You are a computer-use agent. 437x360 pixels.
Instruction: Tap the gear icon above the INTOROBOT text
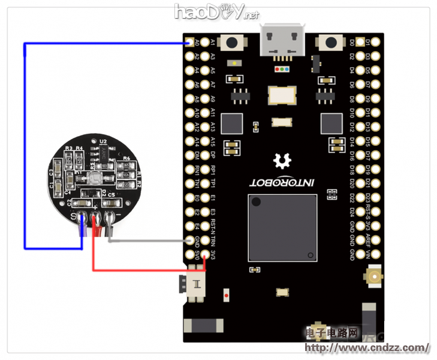coord(280,161)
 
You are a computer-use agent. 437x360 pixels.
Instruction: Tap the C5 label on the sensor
coord(111,194)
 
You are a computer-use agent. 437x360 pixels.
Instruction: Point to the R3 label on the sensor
coord(68,148)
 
